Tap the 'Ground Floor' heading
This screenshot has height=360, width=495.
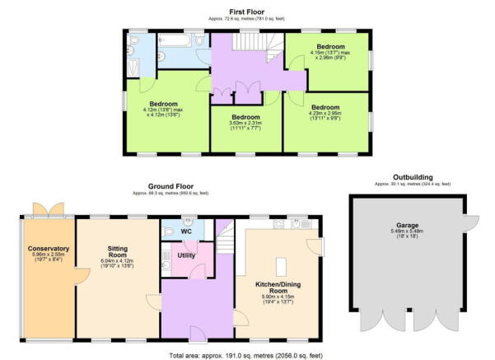[x=169, y=186]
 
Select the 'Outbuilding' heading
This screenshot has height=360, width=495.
[x=413, y=177]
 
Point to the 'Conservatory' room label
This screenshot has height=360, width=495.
[x=48, y=248]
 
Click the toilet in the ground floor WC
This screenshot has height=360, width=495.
[x=189, y=222]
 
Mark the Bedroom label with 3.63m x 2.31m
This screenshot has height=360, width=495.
[x=245, y=117]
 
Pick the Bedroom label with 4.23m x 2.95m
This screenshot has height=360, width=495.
[x=325, y=107]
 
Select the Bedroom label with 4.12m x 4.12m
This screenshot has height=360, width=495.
[x=163, y=104]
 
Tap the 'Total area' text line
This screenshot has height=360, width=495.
[x=246, y=352]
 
